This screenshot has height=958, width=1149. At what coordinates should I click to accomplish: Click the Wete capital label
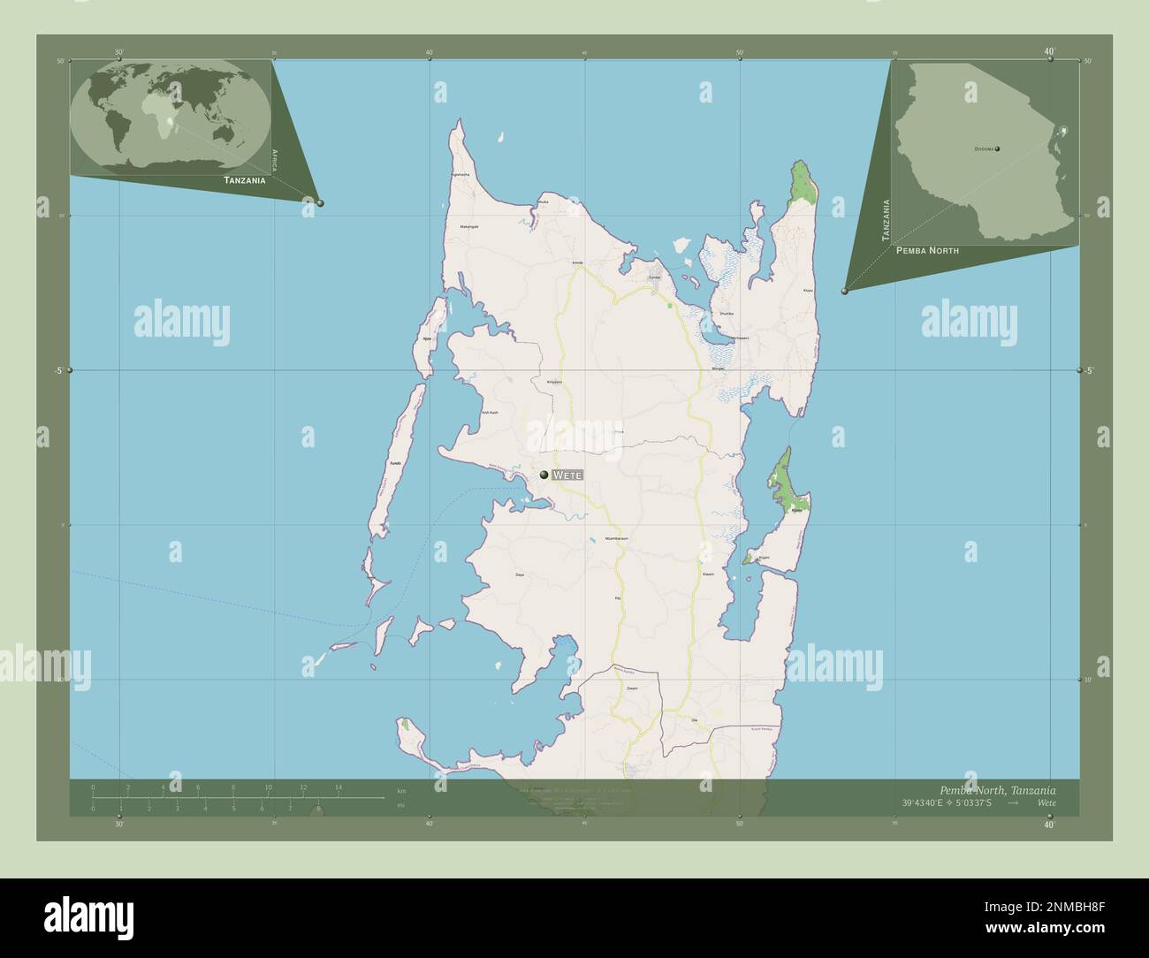coord(567,475)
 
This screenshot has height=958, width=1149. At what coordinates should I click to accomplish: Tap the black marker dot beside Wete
coord(544,475)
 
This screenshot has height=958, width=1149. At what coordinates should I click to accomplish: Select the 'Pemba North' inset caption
coord(927,251)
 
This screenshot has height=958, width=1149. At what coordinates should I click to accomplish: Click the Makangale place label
coord(469,227)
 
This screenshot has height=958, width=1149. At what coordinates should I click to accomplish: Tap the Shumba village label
coord(727,314)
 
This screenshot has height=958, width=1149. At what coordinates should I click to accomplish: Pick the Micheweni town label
coord(738,338)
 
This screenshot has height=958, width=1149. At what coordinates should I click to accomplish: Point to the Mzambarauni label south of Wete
coord(616,538)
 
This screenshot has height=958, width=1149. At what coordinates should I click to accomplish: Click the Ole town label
coord(695,720)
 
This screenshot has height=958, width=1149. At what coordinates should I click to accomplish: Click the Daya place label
coord(520,575)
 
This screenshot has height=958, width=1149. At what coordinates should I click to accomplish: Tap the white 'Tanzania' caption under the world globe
coord(245,180)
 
